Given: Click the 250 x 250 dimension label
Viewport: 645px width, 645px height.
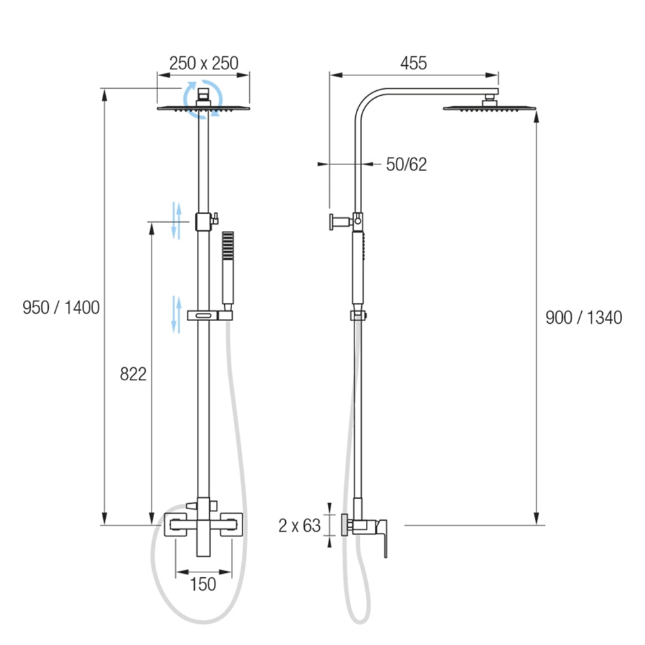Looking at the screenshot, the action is (204, 63).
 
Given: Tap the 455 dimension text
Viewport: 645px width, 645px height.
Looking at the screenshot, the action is (413, 63).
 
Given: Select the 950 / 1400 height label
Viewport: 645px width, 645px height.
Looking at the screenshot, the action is (61, 308).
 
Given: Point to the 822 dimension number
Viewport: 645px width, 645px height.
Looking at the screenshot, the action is (133, 374).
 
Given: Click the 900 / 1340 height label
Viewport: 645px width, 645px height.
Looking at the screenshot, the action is (584, 318).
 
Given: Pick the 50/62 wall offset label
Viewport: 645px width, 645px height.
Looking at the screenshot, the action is (407, 164).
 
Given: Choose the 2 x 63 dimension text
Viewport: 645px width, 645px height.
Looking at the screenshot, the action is (299, 526).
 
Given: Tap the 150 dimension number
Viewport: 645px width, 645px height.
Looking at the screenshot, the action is (203, 584).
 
